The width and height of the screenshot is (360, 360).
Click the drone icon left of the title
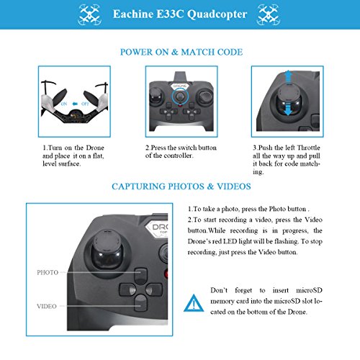click(90, 14)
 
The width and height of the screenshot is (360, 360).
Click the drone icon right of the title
click(268, 14)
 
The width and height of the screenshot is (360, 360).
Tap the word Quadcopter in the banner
click(217, 14)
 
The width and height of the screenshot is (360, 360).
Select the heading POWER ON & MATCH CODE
click(181, 52)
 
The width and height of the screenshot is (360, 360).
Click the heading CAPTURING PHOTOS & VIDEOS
click(181, 186)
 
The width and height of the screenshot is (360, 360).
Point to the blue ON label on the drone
click(64, 104)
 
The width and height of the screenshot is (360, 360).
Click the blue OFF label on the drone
click(85, 104)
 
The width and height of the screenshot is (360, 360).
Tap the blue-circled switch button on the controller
click(180, 96)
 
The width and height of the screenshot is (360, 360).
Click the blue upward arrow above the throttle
click(288, 76)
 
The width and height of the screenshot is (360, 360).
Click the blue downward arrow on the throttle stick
click(288, 109)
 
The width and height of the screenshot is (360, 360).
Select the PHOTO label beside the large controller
click(48, 273)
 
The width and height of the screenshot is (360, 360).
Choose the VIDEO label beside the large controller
click(47, 306)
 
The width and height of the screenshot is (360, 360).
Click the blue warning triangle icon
click(194, 303)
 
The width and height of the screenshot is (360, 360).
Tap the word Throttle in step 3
click(309, 148)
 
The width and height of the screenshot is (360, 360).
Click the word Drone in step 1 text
click(95, 148)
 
